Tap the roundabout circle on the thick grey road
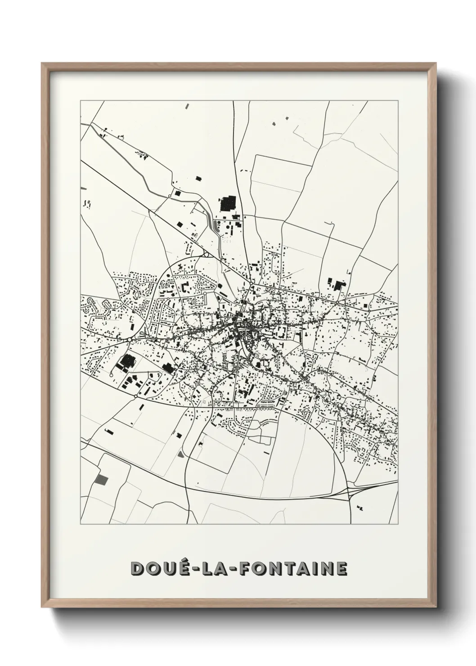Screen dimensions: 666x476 click(169, 196)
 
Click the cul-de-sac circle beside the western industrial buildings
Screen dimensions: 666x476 click(111, 374)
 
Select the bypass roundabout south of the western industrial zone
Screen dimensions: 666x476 click(135, 396)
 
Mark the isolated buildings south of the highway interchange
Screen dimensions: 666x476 click(359, 508)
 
